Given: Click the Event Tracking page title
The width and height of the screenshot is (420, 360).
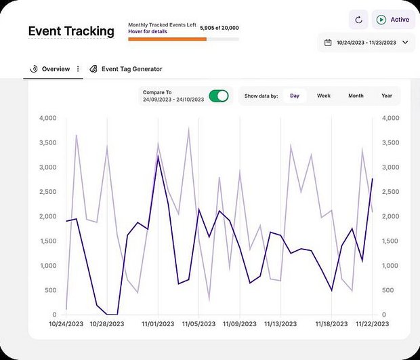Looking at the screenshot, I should tap(71, 31).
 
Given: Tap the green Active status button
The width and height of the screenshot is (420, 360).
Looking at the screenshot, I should tap(392, 20).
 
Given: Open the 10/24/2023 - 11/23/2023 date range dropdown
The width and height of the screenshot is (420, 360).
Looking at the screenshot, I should tap(366, 43).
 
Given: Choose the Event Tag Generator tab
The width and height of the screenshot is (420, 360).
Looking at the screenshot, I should tap(131, 69).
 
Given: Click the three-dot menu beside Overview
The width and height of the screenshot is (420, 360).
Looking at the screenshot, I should tap(78, 69).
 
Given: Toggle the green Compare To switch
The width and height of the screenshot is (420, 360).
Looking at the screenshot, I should tap(219, 96).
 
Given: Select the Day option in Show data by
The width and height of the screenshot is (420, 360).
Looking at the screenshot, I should tap(295, 96).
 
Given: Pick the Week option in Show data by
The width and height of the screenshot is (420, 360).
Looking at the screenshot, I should tap(324, 96).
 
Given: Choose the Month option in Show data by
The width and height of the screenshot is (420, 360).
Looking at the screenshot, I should tap(356, 96).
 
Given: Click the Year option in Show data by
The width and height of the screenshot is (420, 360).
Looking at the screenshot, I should tap(386, 96).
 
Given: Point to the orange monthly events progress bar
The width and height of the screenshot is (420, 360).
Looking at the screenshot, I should tap(167, 39).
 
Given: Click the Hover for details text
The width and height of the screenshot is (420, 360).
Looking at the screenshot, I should tap(148, 32).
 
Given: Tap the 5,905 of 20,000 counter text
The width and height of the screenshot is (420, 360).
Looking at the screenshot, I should tap(219, 28).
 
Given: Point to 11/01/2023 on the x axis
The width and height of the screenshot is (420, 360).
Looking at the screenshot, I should tap(157, 324).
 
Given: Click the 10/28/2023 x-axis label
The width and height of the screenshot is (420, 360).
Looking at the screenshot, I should tap(107, 324).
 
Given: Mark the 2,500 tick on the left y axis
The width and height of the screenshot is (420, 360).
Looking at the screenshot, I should tap(47, 192).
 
